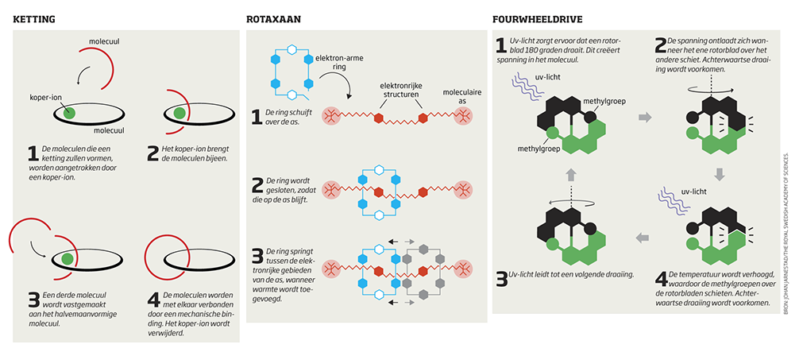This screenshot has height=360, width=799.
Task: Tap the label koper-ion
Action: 45,99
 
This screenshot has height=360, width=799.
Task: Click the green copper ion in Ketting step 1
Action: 71,113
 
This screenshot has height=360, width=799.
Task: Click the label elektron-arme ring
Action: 339,63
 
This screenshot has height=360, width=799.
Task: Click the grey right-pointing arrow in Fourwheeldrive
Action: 645,118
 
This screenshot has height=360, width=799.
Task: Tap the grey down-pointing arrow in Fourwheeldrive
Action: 720,174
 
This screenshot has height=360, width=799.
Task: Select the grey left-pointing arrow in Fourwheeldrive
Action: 645,235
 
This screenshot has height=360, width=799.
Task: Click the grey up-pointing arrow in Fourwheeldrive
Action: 568,174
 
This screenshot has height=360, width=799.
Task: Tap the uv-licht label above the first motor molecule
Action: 546,76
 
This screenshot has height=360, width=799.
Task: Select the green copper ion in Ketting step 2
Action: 179,113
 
